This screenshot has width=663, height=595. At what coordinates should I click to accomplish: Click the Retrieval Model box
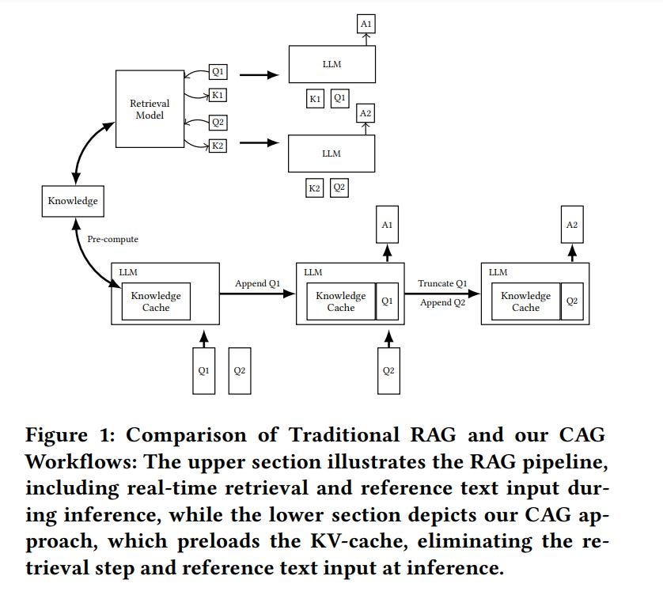click(150, 109)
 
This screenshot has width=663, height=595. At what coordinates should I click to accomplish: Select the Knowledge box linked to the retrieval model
click(73, 200)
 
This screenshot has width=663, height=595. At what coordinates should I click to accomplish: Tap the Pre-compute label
click(112, 238)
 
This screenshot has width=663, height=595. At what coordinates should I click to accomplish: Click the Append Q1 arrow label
click(257, 283)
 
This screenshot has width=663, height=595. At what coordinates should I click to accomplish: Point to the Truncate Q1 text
click(442, 283)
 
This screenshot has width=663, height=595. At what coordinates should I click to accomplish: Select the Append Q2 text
click(442, 302)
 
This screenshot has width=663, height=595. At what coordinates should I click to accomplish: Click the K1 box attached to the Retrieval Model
click(218, 96)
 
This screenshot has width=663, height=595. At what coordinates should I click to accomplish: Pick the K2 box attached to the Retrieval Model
click(218, 146)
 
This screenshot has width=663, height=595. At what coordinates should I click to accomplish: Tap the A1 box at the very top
click(365, 25)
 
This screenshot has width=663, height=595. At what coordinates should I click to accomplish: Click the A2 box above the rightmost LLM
click(572, 225)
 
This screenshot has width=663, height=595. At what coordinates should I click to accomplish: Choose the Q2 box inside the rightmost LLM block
click(572, 301)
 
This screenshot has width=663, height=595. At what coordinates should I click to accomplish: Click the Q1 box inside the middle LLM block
click(387, 301)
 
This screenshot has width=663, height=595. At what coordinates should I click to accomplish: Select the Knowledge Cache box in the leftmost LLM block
click(156, 301)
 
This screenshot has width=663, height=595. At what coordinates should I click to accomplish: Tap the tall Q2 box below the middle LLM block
click(388, 370)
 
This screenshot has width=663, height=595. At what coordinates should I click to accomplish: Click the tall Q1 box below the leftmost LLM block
click(203, 370)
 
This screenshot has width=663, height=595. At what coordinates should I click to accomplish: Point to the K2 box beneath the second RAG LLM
click(314, 188)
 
